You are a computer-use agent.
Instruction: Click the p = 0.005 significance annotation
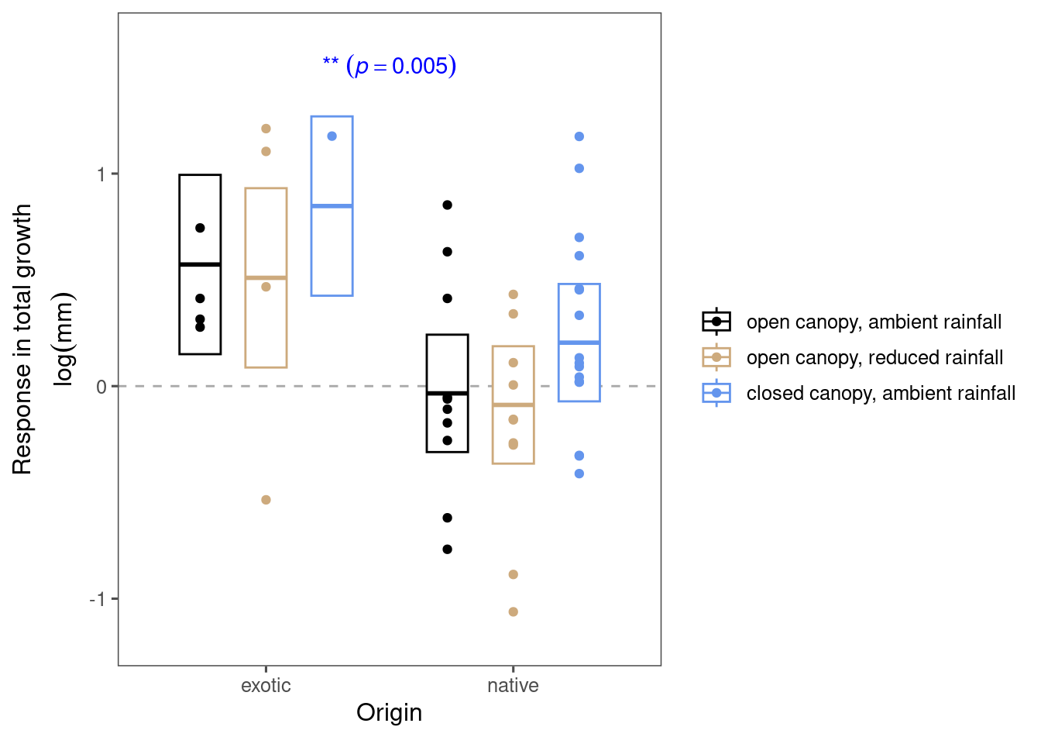coord(390,66)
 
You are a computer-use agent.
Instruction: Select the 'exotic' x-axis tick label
coord(266,686)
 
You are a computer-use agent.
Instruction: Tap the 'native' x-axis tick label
coord(513,686)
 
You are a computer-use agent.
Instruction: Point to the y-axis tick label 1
coord(101,174)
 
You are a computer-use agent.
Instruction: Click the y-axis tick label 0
coord(101,387)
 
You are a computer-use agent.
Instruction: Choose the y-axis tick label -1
coord(98,599)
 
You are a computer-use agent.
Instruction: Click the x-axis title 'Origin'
coord(389,712)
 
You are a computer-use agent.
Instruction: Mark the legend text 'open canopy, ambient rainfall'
coord(874,322)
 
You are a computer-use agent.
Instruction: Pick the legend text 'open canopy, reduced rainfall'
coord(874,357)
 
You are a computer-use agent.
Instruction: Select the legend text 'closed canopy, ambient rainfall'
coord(881,393)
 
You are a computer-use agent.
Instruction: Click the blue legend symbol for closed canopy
coord(716,393)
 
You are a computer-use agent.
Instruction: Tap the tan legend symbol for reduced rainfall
coord(716,357)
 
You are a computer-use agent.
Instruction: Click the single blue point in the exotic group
coord(332,136)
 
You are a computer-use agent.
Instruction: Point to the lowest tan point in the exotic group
coord(266,500)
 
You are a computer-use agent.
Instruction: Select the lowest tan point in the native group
coord(513,612)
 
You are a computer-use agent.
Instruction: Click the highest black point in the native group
coord(447,205)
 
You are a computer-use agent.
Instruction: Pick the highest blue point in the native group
coord(579,136)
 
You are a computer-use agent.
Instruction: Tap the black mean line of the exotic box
coord(200,265)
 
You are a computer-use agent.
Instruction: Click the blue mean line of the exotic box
coord(332,206)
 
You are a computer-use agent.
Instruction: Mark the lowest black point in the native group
coord(447,549)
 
